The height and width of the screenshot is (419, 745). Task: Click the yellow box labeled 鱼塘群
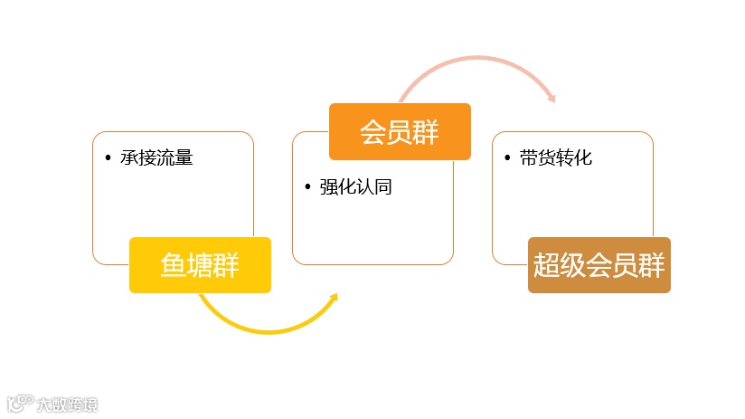(200, 265)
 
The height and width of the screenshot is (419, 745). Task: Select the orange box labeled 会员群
(400, 131)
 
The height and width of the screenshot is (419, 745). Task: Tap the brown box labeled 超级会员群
(599, 265)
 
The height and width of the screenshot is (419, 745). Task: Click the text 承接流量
(156, 158)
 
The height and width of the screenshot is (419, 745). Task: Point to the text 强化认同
(355, 188)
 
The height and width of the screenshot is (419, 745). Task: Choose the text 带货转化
(555, 158)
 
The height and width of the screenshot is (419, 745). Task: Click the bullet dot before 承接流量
(108, 158)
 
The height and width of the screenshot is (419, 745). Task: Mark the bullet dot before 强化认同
(307, 188)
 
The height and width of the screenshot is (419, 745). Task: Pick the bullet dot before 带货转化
(507, 158)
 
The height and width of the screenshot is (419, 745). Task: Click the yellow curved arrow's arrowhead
(333, 299)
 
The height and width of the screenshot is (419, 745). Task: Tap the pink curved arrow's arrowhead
(551, 98)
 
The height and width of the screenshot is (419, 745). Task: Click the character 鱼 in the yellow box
(174, 265)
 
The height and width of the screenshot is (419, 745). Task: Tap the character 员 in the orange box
(400, 131)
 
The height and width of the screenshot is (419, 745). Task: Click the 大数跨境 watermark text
(67, 405)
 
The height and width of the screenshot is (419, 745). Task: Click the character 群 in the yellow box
(226, 265)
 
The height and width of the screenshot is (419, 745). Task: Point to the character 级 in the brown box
(572, 265)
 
